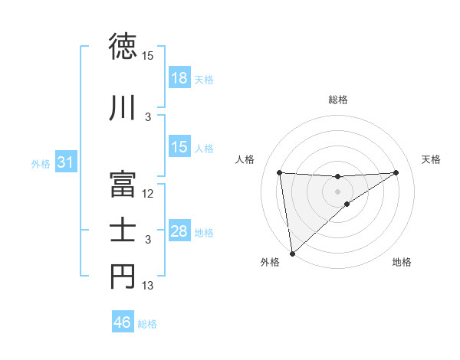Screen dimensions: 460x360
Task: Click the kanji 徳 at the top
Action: click(x=123, y=47)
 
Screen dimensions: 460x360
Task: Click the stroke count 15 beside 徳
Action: click(x=148, y=57)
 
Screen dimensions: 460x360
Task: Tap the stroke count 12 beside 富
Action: click(x=148, y=193)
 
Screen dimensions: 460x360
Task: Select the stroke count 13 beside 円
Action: click(x=148, y=286)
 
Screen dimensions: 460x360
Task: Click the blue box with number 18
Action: click(x=179, y=78)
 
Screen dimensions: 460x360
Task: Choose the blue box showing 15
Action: click(x=179, y=147)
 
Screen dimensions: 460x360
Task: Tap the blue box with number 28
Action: click(x=179, y=231)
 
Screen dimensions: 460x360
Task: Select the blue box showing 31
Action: click(x=65, y=162)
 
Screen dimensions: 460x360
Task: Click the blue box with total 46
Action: click(x=123, y=322)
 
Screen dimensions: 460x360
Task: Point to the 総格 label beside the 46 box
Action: click(x=147, y=324)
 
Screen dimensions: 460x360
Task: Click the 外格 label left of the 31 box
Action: click(x=40, y=163)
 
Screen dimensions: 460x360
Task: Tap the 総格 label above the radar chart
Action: click(x=338, y=100)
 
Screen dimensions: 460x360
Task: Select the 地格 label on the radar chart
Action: click(x=402, y=262)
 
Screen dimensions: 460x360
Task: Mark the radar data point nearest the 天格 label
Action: click(x=396, y=172)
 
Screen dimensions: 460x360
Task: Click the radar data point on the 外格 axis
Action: click(x=291, y=253)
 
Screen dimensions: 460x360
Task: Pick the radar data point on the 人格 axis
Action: click(x=280, y=172)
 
